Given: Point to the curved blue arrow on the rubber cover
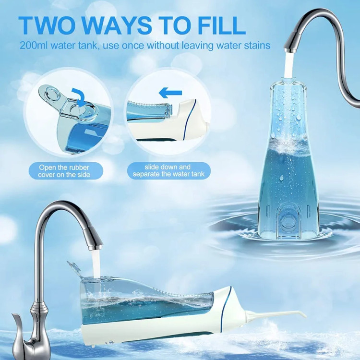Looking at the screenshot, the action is (x=78, y=96).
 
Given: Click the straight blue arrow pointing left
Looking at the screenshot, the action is (x=170, y=93).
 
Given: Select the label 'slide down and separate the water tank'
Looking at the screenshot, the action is (x=169, y=170).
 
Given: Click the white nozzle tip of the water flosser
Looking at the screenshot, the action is (x=303, y=314).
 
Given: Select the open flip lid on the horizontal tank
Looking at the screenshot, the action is (x=74, y=268).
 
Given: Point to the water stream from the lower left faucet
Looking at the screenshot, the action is (x=96, y=264).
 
